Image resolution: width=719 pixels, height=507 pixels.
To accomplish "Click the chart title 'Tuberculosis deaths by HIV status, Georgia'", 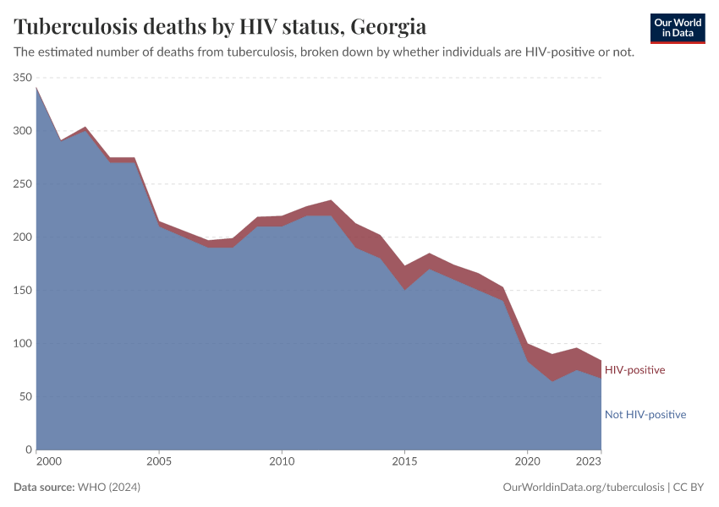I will coord(220,27).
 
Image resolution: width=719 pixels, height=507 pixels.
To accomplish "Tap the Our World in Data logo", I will coord(677,28).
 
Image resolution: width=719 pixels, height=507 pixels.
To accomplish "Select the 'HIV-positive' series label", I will coord(634,370).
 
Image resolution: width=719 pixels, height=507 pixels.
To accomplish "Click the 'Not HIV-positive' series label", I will coord(645,415).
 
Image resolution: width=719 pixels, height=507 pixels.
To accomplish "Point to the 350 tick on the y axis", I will coord(22,78).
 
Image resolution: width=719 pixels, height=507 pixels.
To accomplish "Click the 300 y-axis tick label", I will coord(22,131).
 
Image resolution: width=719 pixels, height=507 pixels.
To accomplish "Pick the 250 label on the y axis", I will coord(22,184).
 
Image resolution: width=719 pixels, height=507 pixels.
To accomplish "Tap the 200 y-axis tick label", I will coord(22,237).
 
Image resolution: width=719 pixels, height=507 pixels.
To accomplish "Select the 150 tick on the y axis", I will coord(22,291).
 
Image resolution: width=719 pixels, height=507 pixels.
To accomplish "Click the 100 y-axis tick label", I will coord(22,344).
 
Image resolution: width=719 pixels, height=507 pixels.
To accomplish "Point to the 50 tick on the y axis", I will coord(25,397).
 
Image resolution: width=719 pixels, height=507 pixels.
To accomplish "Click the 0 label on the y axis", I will coord(28,450).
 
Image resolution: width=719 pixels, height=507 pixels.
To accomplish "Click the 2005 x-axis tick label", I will coord(159,462).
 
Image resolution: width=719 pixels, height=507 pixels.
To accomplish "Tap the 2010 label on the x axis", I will coord(282,462).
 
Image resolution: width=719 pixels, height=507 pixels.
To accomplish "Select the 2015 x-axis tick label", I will coord(405,462).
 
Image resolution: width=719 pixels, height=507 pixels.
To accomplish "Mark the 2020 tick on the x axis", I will coord(528,462).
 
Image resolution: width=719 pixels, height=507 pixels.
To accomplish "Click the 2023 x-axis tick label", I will coord(589,462).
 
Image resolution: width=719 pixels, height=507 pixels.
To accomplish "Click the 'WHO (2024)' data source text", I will coord(108,488).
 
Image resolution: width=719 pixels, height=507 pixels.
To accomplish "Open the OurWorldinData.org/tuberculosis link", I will coord(583,488).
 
